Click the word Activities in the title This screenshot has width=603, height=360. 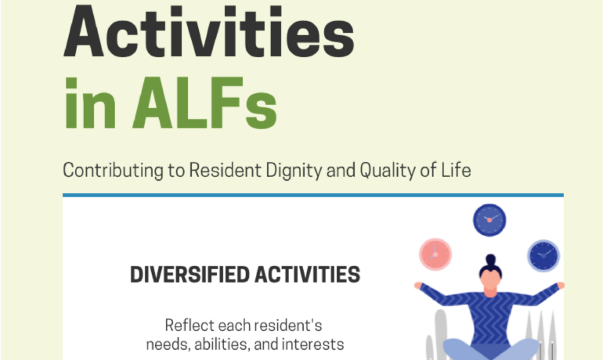(209, 31)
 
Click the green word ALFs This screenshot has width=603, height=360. (204, 103)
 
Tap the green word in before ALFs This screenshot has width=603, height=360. (90, 104)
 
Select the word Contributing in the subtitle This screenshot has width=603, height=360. (113, 171)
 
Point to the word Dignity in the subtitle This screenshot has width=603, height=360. (294, 171)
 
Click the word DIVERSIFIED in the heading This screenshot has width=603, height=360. (190, 275)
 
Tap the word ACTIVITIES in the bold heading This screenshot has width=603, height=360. (307, 275)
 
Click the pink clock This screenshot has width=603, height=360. (435, 254)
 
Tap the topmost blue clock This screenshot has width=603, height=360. (489, 220)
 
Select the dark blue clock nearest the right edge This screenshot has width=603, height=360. (543, 255)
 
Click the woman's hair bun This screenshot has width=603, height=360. (490, 259)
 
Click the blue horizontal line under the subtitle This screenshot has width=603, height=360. (313, 195)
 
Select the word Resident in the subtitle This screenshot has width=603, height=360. (225, 170)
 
